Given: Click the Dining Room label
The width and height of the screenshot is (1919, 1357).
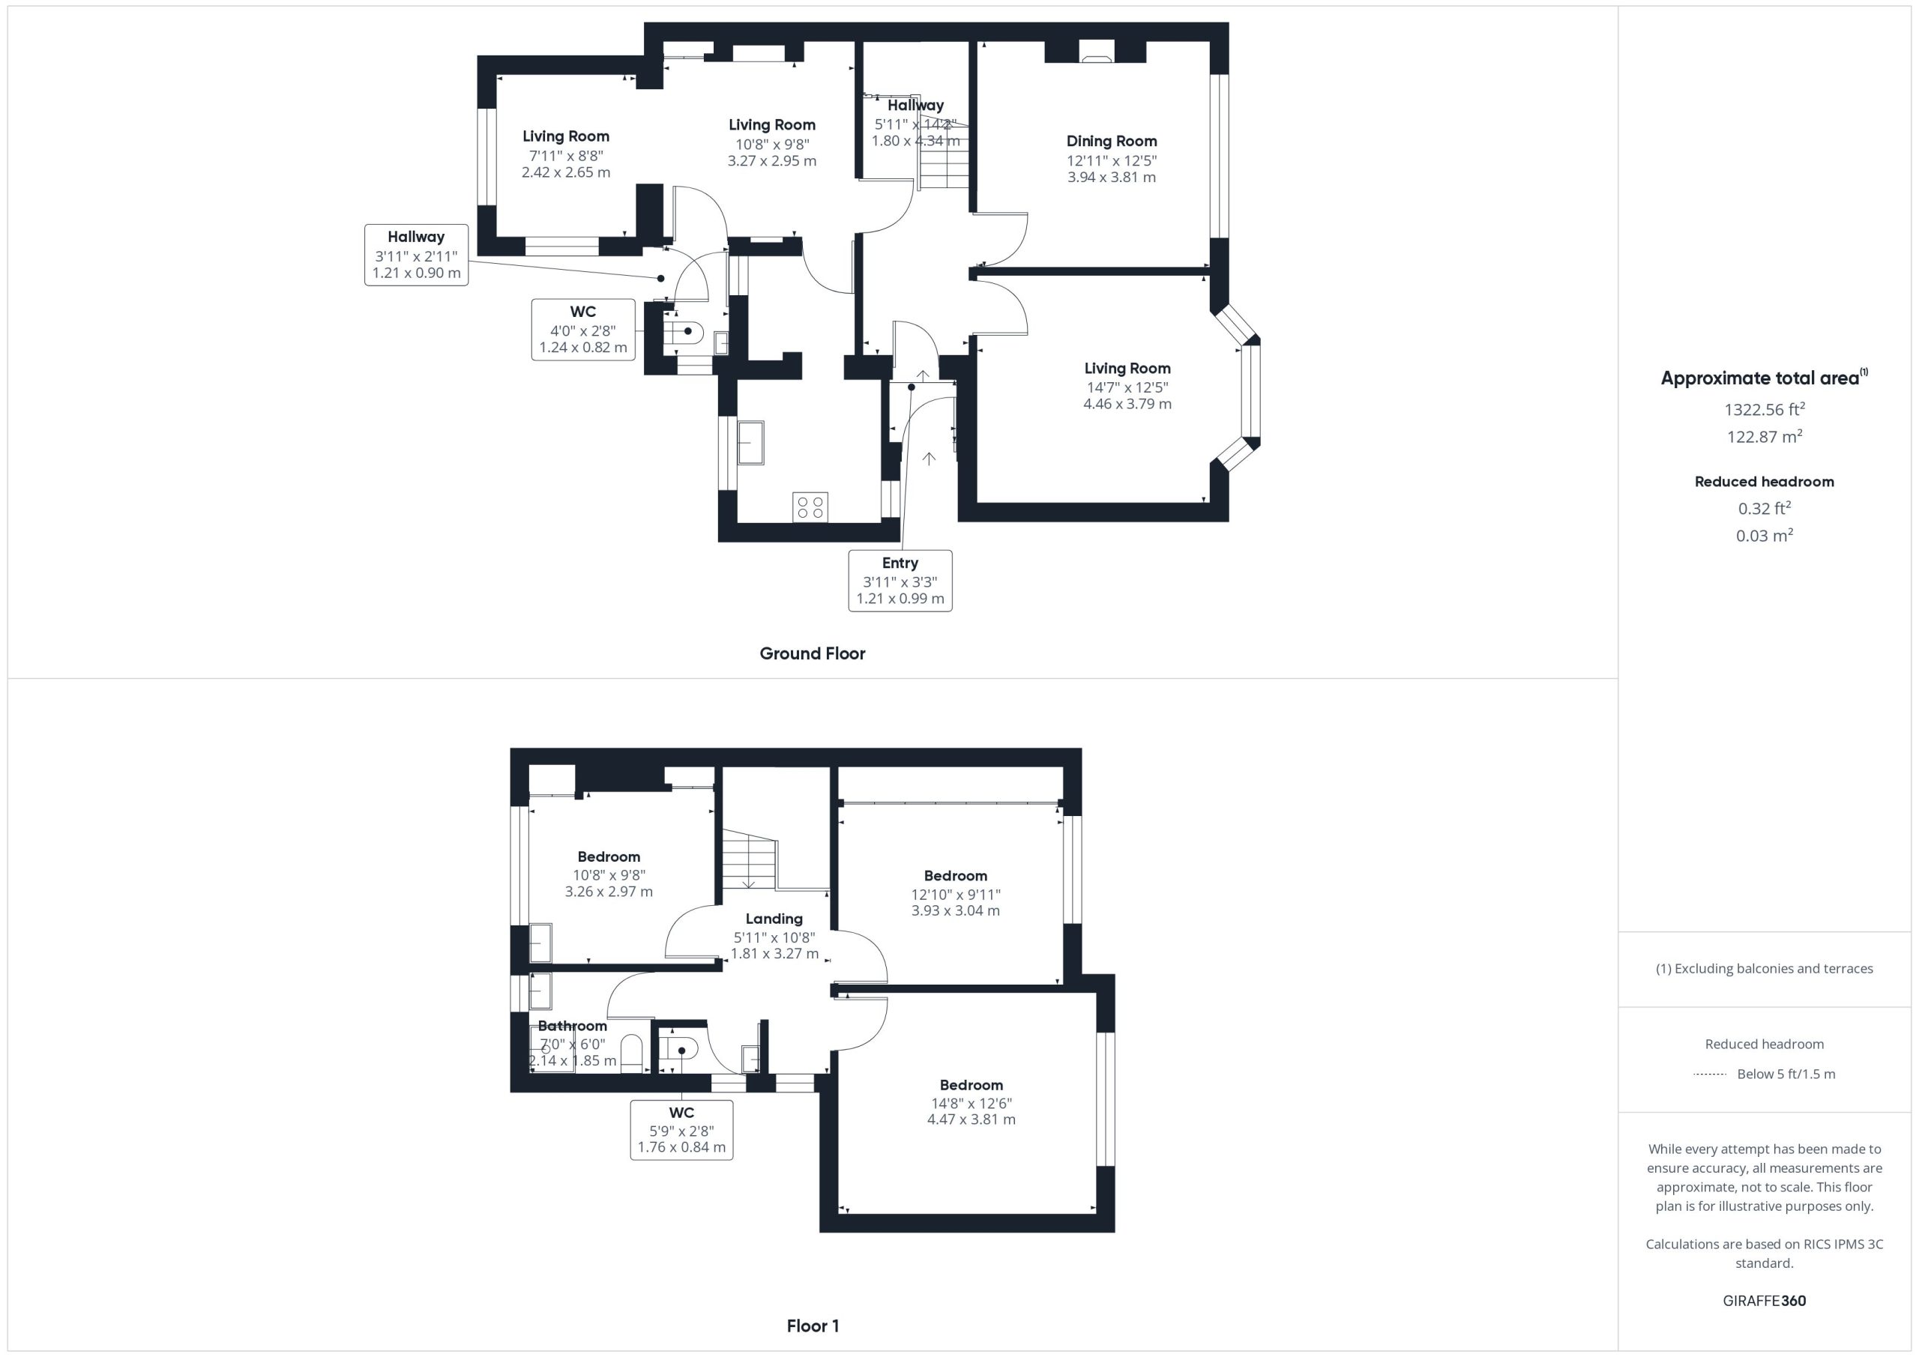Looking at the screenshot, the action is click(1112, 141).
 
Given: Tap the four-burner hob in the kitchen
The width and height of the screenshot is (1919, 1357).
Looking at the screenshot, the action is click(810, 507).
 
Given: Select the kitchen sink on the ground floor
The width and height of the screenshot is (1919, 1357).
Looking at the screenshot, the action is click(750, 442).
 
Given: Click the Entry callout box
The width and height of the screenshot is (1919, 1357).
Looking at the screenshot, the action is click(900, 581).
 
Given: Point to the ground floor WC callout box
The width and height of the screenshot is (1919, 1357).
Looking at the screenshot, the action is click(583, 329).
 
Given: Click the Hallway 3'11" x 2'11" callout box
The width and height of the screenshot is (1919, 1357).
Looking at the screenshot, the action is click(416, 255).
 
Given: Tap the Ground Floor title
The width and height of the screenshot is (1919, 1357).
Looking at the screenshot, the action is click(813, 653).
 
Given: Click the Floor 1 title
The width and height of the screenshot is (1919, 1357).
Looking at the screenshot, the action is click(813, 1326).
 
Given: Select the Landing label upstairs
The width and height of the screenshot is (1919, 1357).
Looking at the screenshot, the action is click(774, 919).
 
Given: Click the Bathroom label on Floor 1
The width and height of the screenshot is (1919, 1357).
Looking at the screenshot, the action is click(573, 1025).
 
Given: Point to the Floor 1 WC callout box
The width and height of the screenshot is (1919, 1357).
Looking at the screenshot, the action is click(681, 1130).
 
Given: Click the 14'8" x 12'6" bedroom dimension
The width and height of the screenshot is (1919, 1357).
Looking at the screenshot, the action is click(971, 1103).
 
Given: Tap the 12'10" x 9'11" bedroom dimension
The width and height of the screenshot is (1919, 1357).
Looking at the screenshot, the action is click(955, 894).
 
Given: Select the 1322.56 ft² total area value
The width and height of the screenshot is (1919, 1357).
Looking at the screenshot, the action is click(1765, 409).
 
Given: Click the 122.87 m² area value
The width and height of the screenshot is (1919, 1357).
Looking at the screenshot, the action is click(1765, 436).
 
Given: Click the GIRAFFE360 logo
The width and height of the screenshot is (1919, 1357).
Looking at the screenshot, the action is click(1765, 1301).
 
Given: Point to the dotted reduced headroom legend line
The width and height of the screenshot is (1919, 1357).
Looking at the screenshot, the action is click(1709, 1075).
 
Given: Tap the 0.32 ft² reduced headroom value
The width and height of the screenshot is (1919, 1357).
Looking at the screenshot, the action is click(1765, 508).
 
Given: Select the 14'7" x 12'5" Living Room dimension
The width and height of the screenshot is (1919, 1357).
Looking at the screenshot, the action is click(1127, 387).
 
